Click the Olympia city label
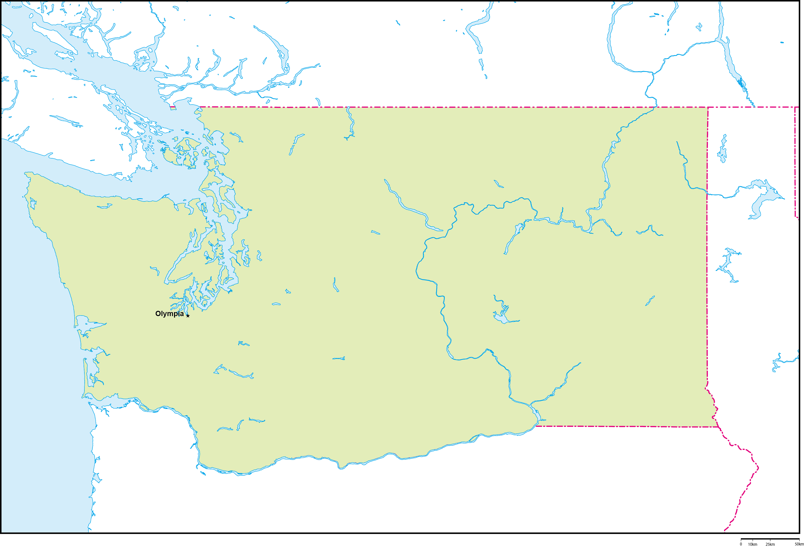tap(169, 314)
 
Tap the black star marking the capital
tap(188, 316)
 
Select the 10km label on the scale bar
tap(753, 544)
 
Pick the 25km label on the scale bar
tap(770, 544)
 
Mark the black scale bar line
tap(770, 539)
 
